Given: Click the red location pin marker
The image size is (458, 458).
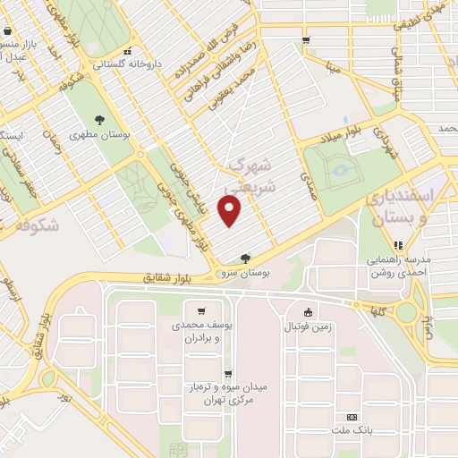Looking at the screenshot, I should pyautogui.click(x=230, y=211).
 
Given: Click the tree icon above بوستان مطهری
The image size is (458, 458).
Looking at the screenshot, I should pyautogui.click(x=99, y=121).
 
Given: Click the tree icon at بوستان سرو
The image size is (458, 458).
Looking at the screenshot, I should pyautogui.click(x=246, y=258).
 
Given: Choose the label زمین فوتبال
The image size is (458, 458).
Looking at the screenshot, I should pyautogui.click(x=308, y=327).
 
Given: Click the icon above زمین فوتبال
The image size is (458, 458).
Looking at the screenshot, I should pyautogui.click(x=308, y=312).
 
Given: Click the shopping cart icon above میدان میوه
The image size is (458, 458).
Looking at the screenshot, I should pyautogui.click(x=228, y=374).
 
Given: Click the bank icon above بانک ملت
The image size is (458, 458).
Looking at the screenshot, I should pyautogui.click(x=352, y=417).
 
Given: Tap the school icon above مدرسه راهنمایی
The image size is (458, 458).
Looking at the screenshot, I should pyautogui.click(x=399, y=244).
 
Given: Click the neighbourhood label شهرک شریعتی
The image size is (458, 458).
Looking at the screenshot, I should pyautogui.click(x=248, y=175).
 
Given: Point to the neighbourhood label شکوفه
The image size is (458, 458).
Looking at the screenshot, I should pyautogui.click(x=38, y=225).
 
